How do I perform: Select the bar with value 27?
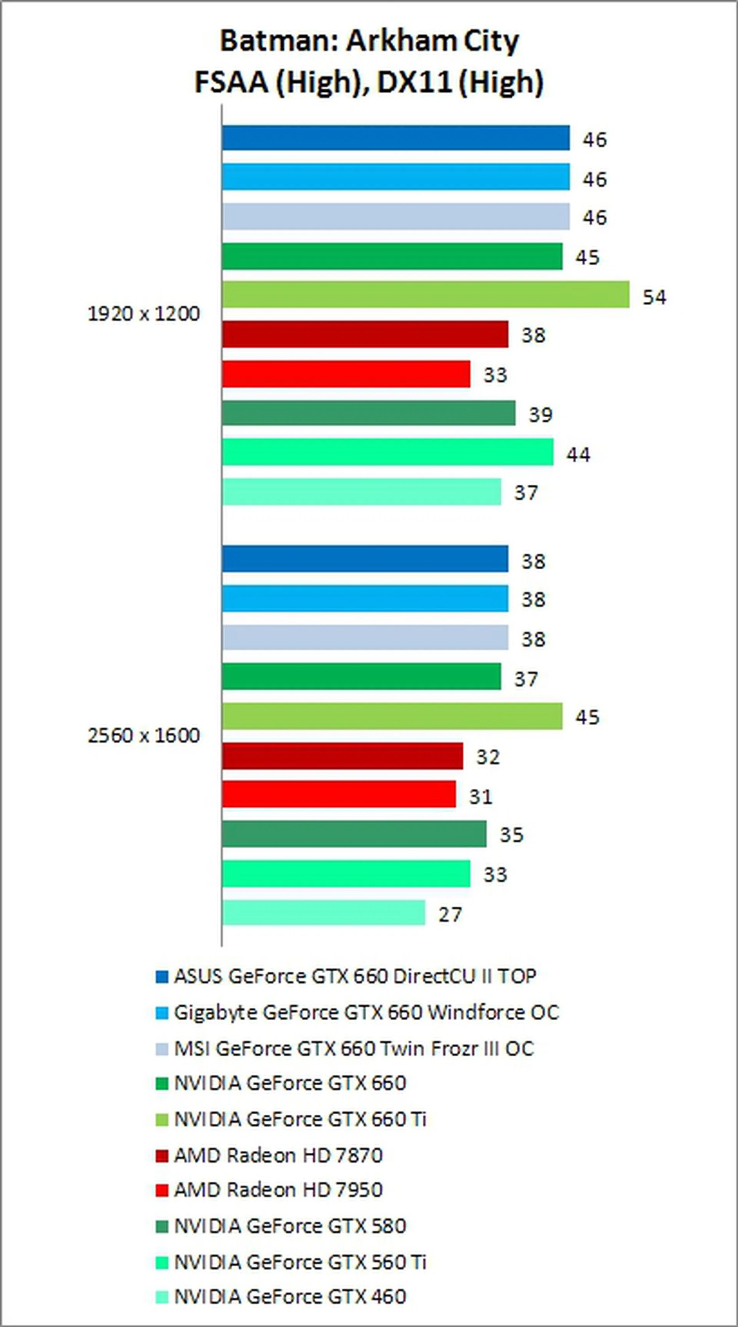324,912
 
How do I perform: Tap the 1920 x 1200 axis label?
144,314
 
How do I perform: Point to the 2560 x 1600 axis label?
144,735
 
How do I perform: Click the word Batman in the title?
276,41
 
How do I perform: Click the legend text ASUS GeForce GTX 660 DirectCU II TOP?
355,976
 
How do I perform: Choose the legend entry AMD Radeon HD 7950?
278,1190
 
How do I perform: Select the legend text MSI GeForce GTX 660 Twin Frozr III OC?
354,1048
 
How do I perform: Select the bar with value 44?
387,452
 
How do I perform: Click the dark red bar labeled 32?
342,756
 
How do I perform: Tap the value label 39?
540,415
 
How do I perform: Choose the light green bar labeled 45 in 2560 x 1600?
392,716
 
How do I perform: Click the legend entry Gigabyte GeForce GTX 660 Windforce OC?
366,1012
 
